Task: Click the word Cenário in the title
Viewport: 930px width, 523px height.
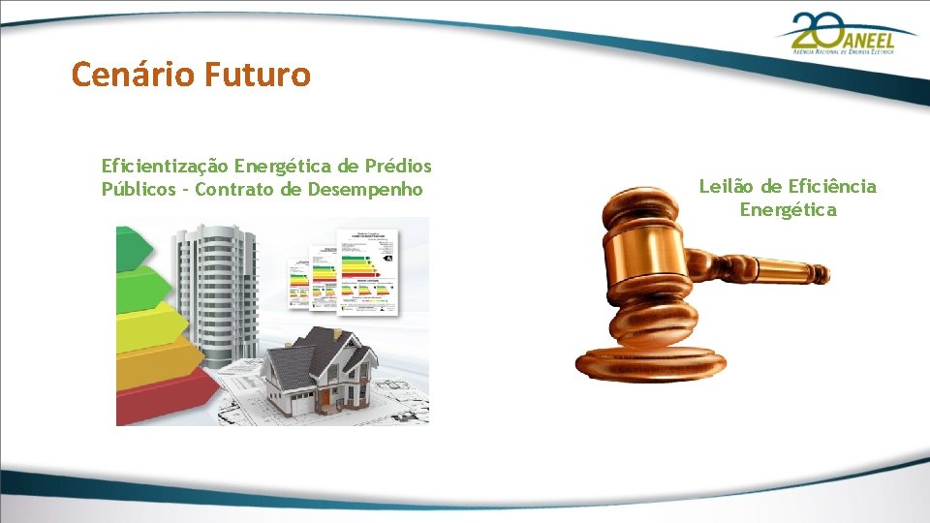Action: coord(134,74)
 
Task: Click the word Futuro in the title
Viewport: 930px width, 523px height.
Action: coord(258,74)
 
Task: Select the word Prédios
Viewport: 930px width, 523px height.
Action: coord(398,167)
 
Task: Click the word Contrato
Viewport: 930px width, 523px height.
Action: coord(233,189)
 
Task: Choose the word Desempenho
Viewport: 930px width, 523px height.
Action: coord(365,189)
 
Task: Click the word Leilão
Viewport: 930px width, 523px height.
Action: coord(726,186)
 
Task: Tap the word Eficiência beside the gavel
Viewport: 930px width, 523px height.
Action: coord(832,186)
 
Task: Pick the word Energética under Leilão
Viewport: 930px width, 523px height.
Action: coord(788,209)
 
